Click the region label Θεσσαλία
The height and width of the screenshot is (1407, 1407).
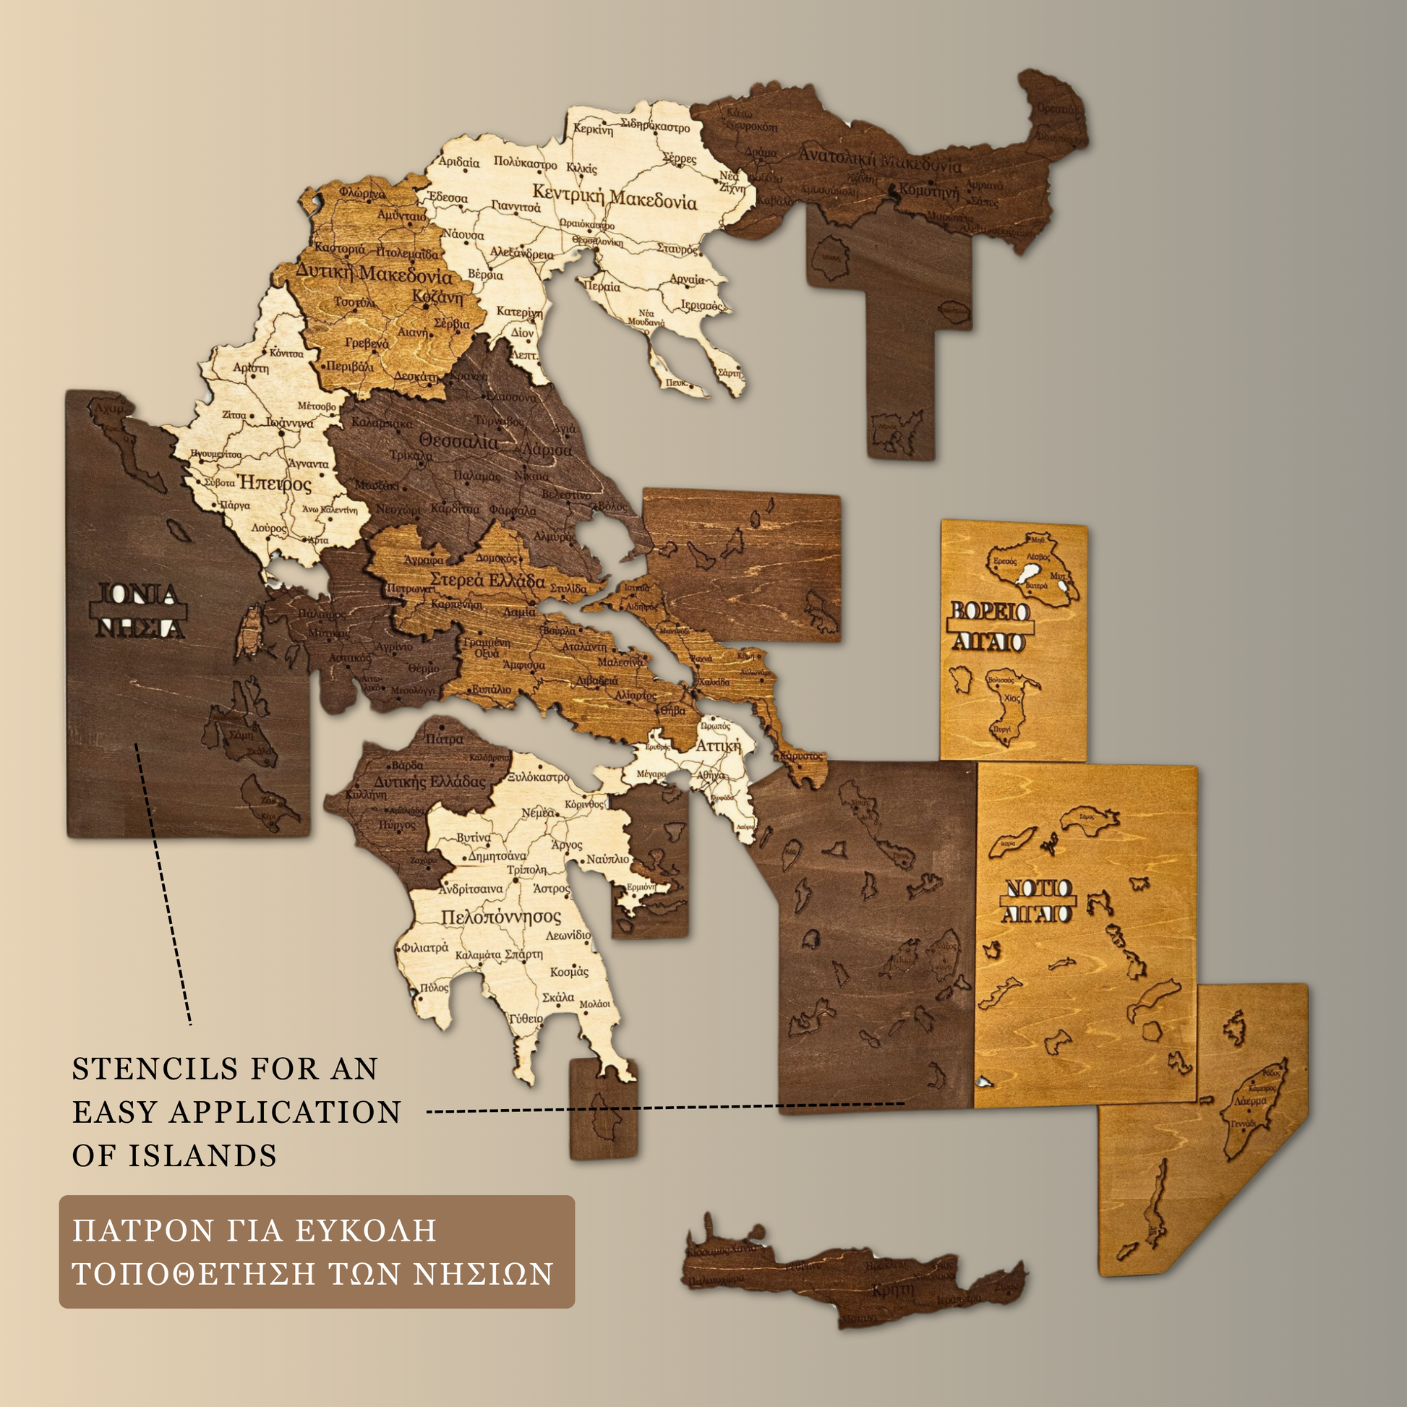(x=460, y=441)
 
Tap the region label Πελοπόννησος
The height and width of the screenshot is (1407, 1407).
(x=501, y=917)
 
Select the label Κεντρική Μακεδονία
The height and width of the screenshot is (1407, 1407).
(x=615, y=197)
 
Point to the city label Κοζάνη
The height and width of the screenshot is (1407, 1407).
(x=437, y=297)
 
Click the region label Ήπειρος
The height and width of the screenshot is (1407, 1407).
(x=275, y=483)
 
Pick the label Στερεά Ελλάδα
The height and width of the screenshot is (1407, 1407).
(x=487, y=581)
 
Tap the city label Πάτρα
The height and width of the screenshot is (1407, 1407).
(x=444, y=738)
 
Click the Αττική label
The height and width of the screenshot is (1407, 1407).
(x=717, y=745)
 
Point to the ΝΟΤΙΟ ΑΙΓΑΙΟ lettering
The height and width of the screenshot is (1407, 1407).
(x=1038, y=901)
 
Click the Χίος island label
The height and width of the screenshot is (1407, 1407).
(x=1012, y=698)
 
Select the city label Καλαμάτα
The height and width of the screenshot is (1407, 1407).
(x=478, y=954)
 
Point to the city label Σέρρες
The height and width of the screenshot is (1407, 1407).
(x=680, y=158)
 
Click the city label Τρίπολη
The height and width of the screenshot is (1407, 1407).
(x=526, y=870)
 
